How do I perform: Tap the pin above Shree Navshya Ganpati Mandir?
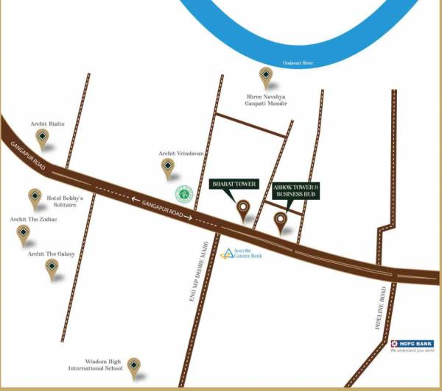(266, 75)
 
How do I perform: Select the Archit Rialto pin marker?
(43, 137)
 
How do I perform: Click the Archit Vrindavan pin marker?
(168, 168)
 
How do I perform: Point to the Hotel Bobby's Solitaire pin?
(35, 197)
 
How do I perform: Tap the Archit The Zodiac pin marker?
(24, 234)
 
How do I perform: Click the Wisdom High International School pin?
(134, 365)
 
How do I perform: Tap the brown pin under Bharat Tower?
(242, 209)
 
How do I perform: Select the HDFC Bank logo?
(413, 346)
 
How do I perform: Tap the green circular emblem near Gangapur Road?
(183, 194)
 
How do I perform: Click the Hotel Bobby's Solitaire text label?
(66, 201)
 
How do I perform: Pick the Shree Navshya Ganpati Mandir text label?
(266, 101)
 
